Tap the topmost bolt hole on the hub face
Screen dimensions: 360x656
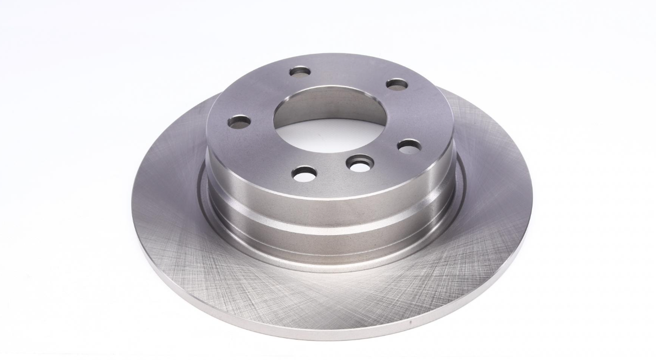tap(300, 71)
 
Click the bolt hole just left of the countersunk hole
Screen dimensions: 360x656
tap(304, 174)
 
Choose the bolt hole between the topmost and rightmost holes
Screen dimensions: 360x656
tap(397, 84)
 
